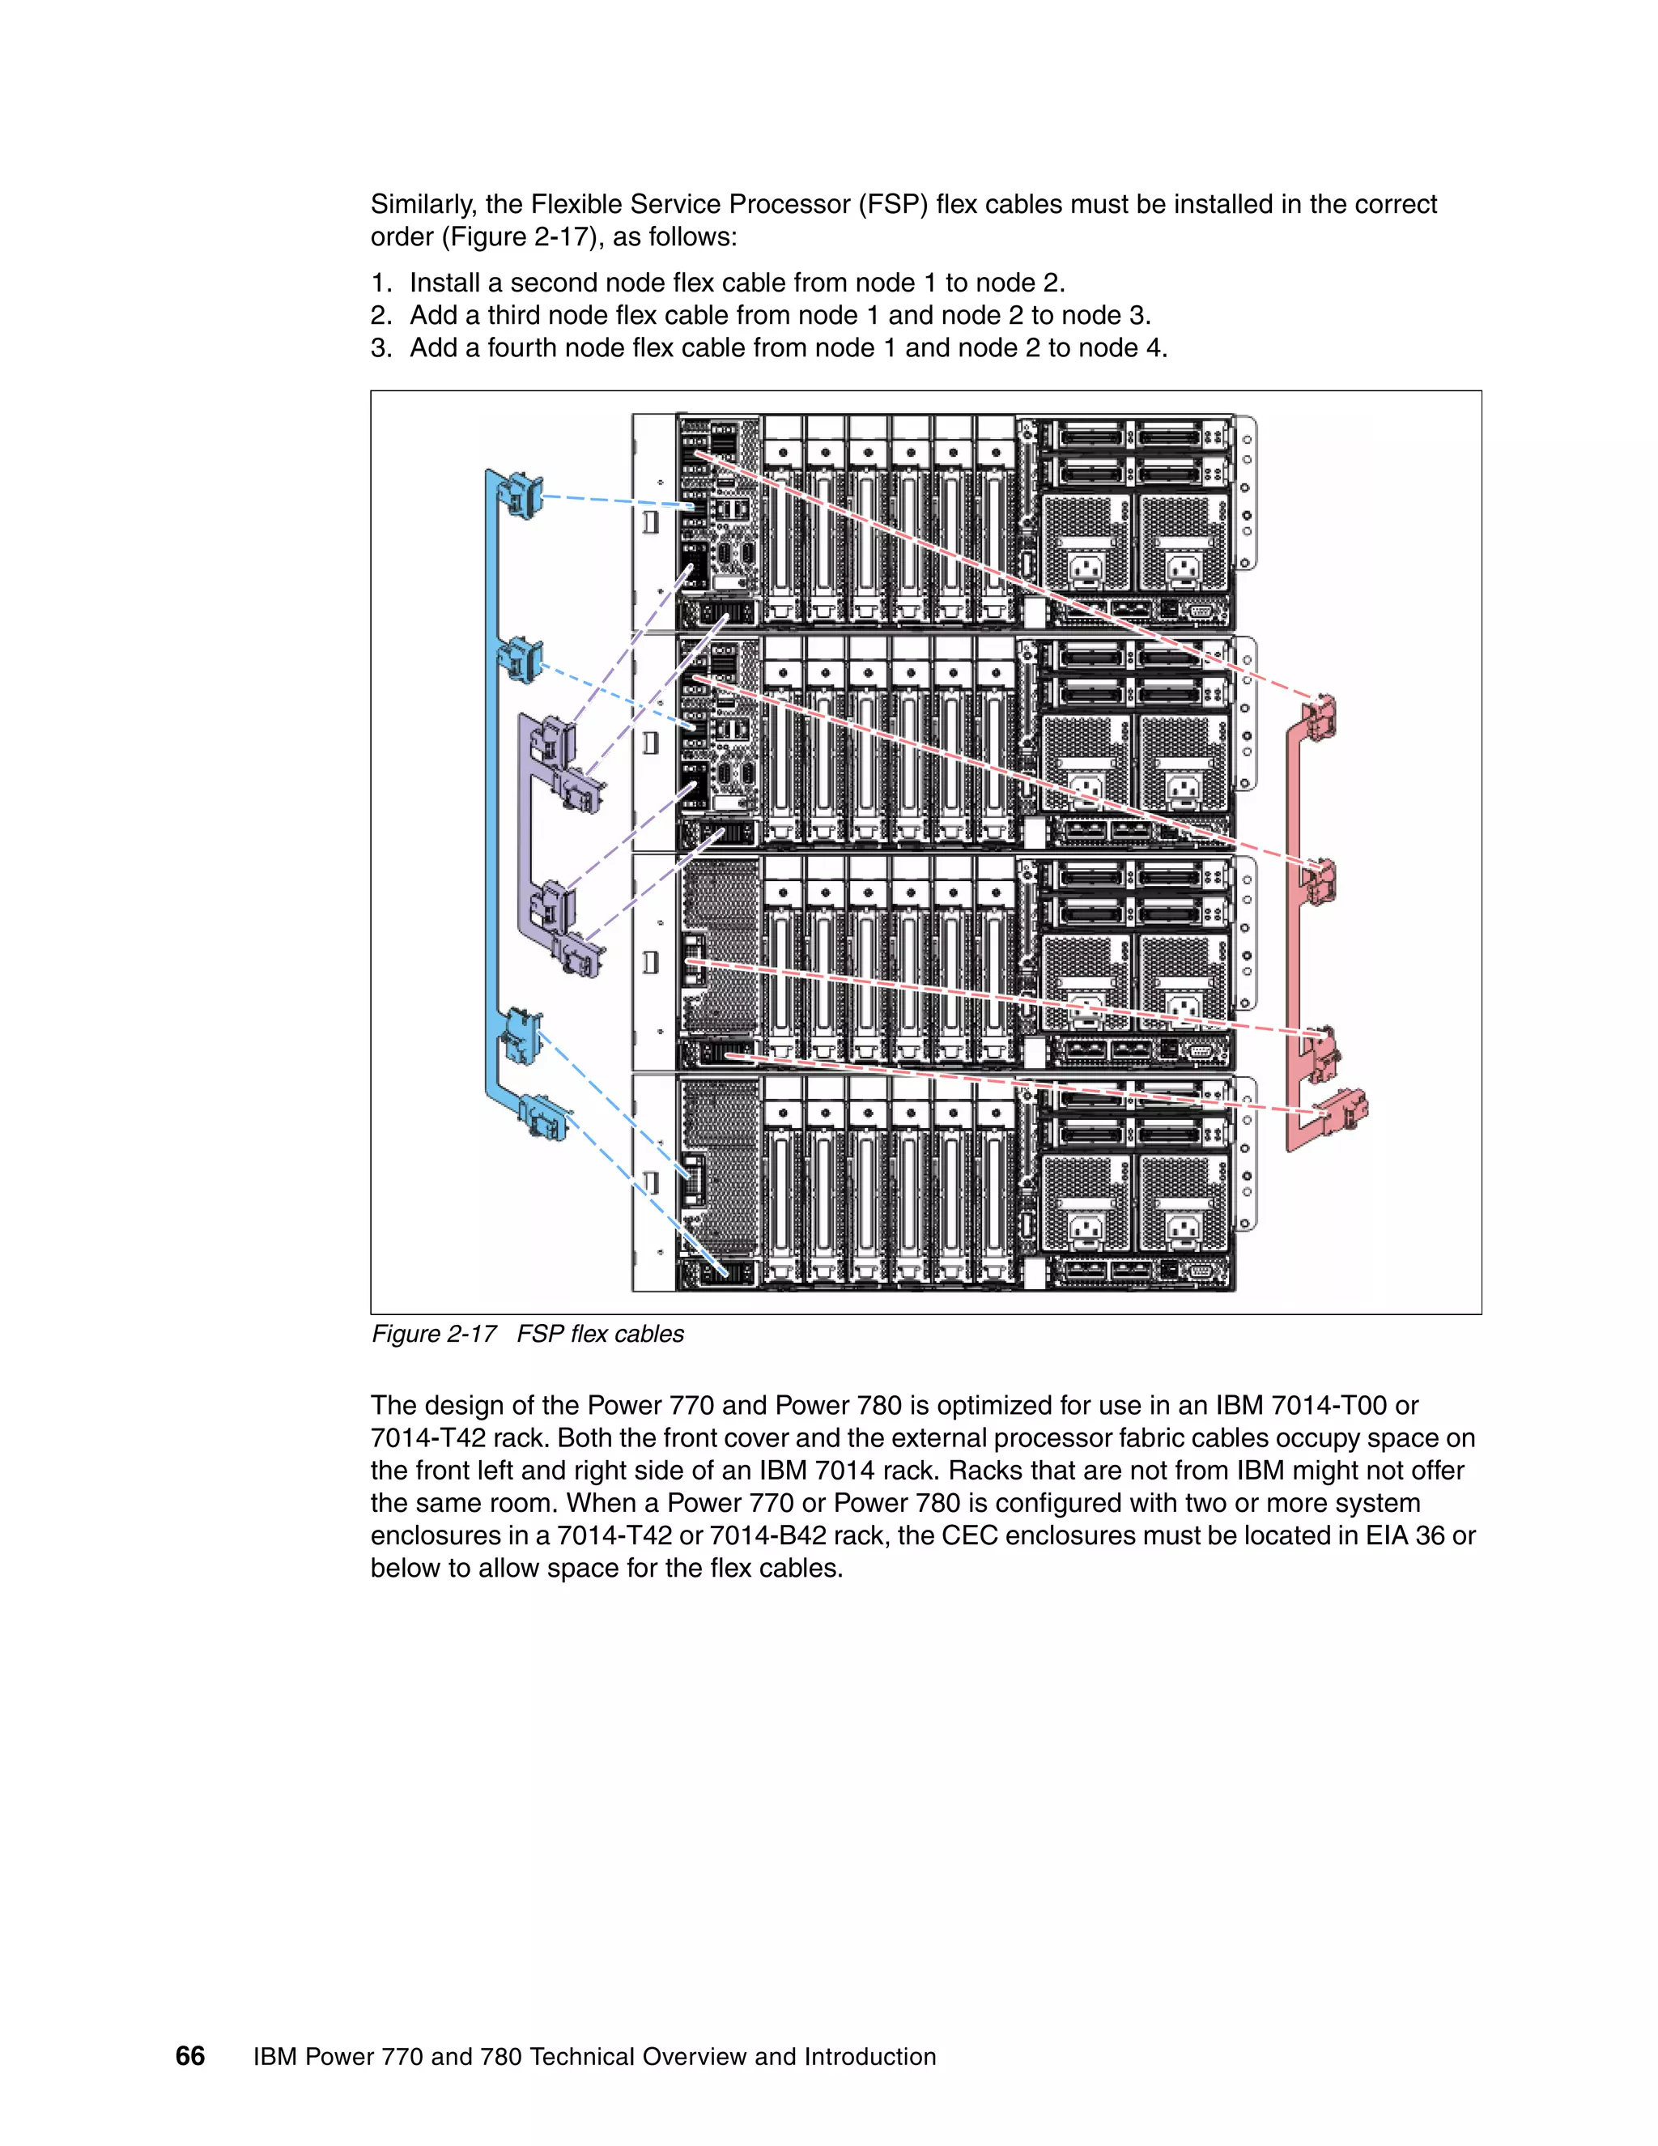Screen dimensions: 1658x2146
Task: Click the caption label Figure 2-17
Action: point(433,1334)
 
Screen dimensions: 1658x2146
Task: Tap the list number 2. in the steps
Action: point(381,315)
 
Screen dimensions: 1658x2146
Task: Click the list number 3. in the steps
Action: point(381,348)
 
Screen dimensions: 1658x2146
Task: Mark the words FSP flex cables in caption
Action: point(600,1334)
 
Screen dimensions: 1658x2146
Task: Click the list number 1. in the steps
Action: point(381,283)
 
